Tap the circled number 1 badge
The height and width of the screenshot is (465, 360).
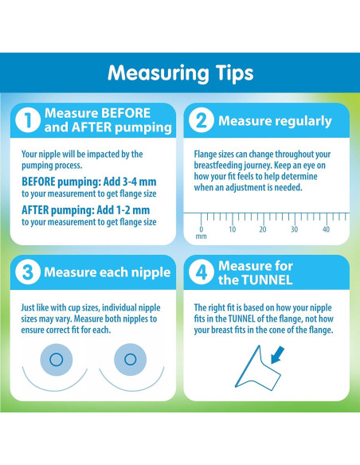(28, 120)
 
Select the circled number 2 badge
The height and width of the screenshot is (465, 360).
(201, 120)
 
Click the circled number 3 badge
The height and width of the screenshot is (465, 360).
(28, 272)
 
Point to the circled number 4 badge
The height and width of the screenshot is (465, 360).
(201, 272)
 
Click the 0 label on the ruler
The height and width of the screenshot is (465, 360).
(201, 229)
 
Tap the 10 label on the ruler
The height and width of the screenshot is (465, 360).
(233, 229)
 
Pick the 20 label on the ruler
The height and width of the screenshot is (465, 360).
(263, 229)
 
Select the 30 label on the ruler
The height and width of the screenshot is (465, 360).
(294, 229)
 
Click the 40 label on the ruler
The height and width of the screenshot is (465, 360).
(326, 229)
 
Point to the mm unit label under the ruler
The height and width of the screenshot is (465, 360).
(201, 236)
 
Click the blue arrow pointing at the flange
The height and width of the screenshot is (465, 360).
(277, 355)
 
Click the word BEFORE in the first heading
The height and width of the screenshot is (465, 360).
(126, 113)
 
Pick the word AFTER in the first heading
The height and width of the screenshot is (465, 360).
(92, 127)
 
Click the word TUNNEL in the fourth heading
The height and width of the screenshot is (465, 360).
(268, 279)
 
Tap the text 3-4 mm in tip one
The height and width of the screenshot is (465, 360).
(136, 182)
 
